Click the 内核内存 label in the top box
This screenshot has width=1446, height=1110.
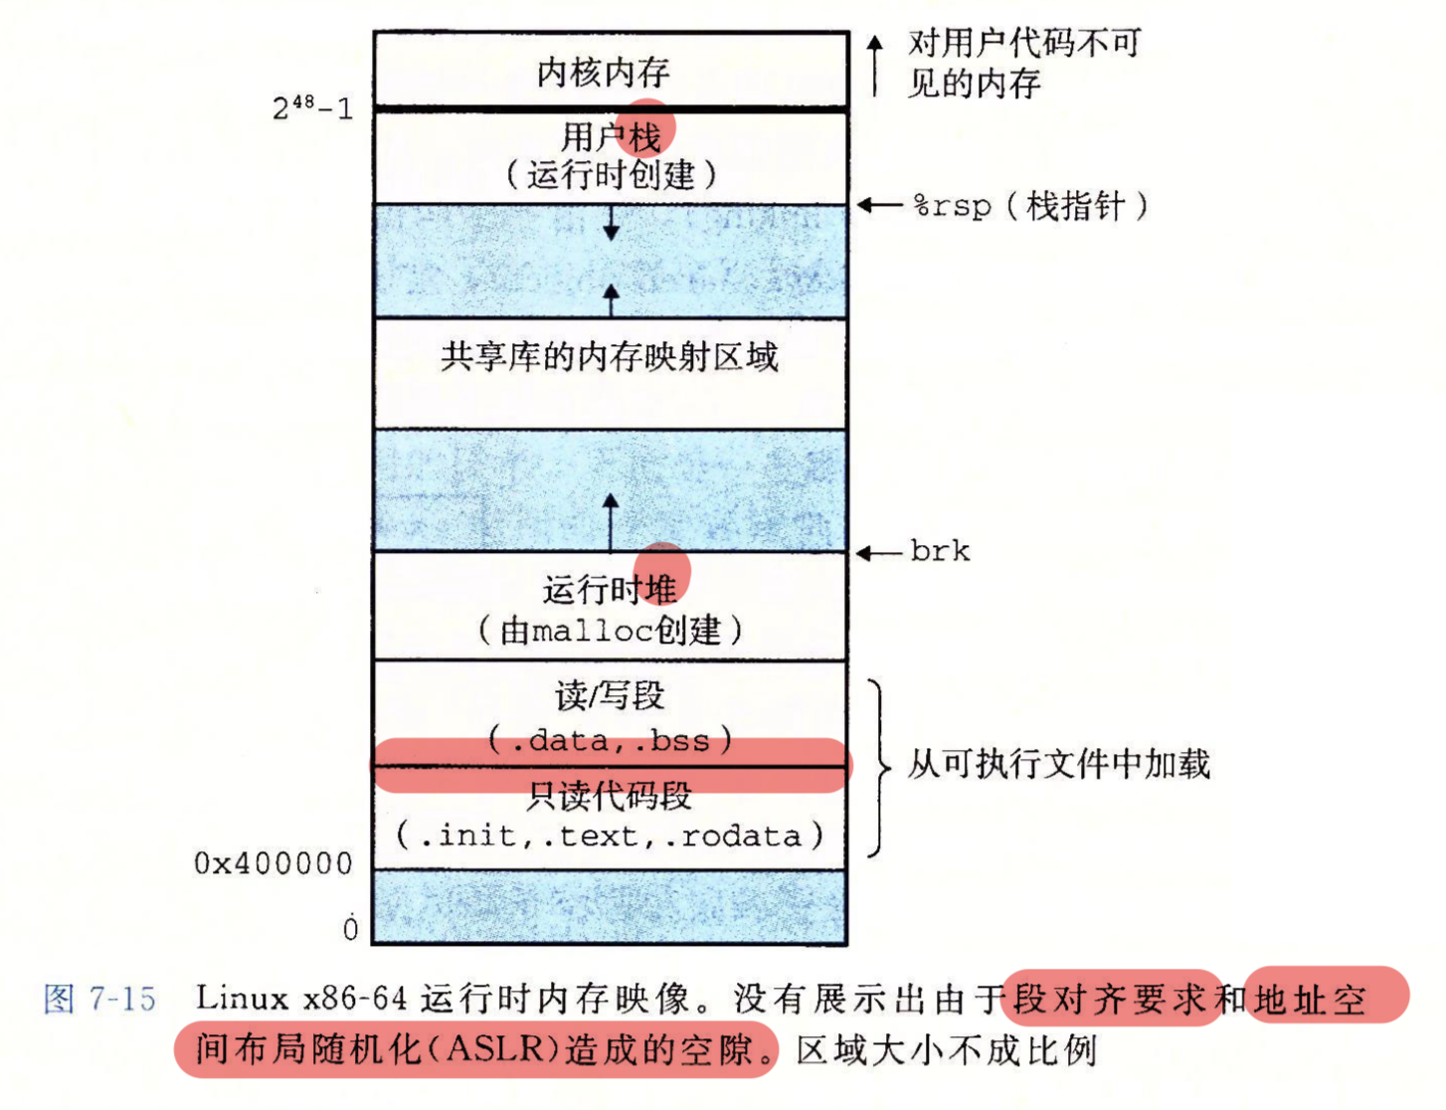pyautogui.click(x=603, y=73)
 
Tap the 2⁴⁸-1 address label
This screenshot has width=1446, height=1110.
pyautogui.click(x=312, y=107)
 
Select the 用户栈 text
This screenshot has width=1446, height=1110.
pyautogui.click(x=611, y=137)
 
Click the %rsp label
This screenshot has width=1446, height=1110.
pyautogui.click(x=952, y=206)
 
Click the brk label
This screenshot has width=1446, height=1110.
pyautogui.click(x=940, y=551)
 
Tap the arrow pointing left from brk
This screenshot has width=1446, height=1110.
pyautogui.click(x=879, y=553)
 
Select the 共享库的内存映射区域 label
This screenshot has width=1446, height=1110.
pyautogui.click(x=609, y=357)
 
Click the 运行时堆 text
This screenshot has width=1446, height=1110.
pyautogui.click(x=610, y=590)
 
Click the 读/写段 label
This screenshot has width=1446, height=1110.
pyautogui.click(x=610, y=695)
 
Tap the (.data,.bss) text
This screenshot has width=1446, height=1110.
pyautogui.click(x=611, y=740)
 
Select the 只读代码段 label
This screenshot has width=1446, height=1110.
pyautogui.click(x=609, y=796)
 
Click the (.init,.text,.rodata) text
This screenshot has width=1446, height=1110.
pyautogui.click(x=610, y=835)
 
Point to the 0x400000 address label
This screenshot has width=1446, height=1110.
pyautogui.click(x=272, y=863)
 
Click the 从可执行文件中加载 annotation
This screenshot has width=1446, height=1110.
pyautogui.click(x=1059, y=763)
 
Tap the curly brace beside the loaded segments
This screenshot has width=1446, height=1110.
pyautogui.click(x=880, y=768)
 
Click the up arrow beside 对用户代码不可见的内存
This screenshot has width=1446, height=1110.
pyautogui.click(x=875, y=66)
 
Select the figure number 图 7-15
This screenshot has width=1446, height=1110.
pyautogui.click(x=99, y=999)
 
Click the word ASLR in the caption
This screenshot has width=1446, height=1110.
pyautogui.click(x=495, y=1048)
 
